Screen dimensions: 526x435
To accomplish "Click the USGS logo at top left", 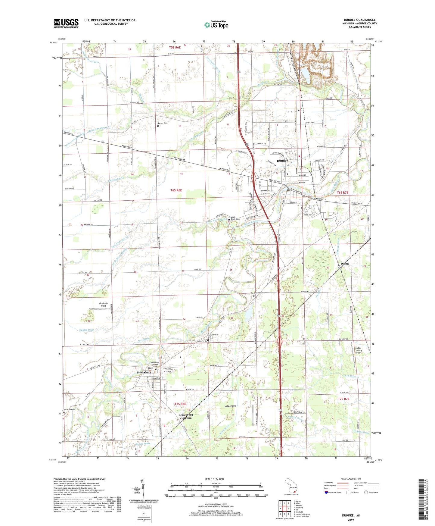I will pyautogui.click(x=66, y=23).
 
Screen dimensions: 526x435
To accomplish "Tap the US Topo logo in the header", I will pyautogui.click(x=216, y=25).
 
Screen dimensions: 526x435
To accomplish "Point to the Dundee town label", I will pyautogui.click(x=282, y=161).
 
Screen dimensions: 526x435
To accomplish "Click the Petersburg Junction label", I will pyautogui.click(x=185, y=416).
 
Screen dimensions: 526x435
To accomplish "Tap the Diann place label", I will pyautogui.click(x=345, y=264).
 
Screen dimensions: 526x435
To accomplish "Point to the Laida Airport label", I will pyautogui.click(x=230, y=406).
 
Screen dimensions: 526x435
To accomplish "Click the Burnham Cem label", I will pyautogui.click(x=69, y=410).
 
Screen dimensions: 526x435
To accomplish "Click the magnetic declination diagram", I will pyautogui.click(x=143, y=489).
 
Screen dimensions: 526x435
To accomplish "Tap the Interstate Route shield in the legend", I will pyautogui.click(x=327, y=492).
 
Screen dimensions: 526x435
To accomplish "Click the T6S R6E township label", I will pyautogui.click(x=176, y=190).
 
